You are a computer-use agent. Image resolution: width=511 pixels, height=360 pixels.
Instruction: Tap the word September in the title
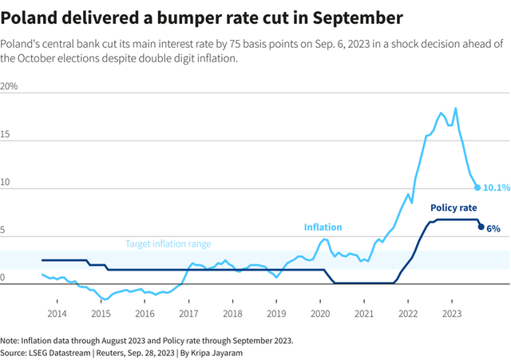point(354,16)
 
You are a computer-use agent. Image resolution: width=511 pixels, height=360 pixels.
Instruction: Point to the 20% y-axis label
point(10,85)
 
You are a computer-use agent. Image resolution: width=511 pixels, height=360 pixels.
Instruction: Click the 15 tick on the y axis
point(6,135)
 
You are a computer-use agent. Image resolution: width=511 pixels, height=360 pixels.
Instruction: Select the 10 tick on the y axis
point(6,183)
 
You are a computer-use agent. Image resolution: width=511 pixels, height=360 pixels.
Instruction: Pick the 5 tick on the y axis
point(4,231)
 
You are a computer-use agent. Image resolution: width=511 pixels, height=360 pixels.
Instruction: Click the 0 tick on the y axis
point(4,279)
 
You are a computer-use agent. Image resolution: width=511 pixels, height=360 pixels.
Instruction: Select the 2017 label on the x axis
point(188,314)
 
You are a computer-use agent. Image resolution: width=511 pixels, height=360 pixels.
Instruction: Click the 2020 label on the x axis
point(319,314)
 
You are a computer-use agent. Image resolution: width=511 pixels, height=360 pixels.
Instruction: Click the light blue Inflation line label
point(323,227)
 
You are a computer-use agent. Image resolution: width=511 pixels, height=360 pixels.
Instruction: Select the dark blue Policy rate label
point(454,208)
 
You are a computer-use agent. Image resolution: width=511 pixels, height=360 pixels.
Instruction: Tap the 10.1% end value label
point(497,188)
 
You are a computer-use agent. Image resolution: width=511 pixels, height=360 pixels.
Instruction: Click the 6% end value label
point(493,228)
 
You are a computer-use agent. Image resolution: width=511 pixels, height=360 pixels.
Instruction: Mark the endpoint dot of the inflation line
point(477,188)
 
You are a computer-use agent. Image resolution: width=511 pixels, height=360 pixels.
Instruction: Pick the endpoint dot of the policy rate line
point(481,227)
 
